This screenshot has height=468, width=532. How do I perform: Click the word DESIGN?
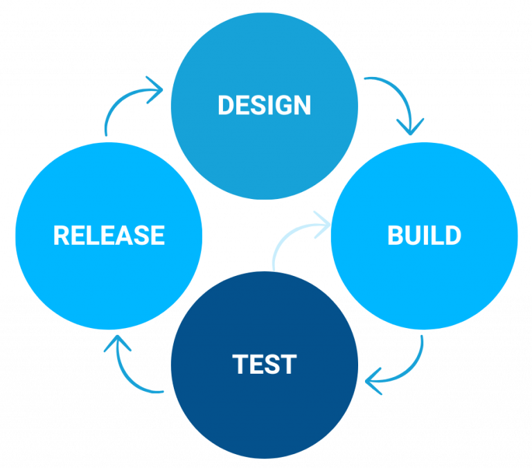point(264,105)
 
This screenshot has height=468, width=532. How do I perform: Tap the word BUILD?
point(424,236)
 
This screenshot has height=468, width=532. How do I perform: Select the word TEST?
point(265,365)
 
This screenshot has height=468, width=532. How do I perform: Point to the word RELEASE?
point(109,236)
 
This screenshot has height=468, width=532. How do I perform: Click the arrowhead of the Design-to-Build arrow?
point(410,127)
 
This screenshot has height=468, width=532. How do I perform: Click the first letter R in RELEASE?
point(62,236)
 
